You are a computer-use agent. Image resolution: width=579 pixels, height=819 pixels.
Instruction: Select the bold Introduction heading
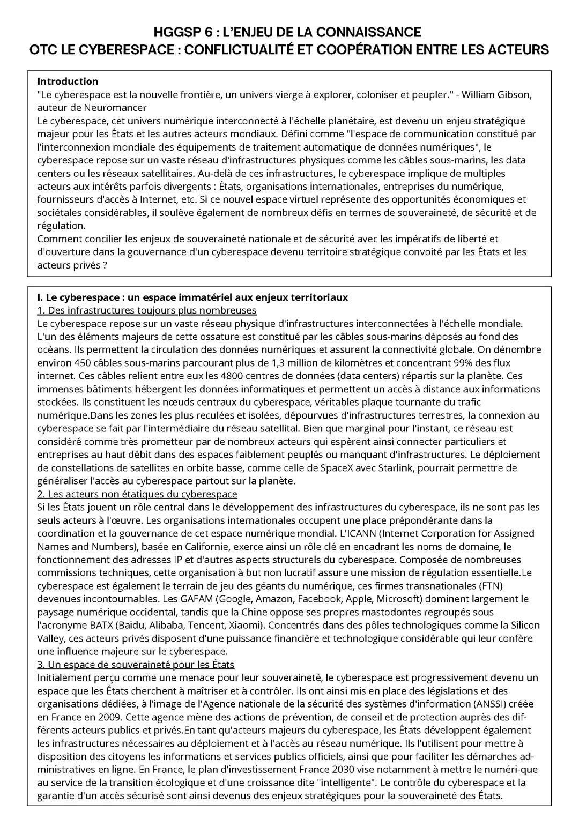pyautogui.click(x=68, y=81)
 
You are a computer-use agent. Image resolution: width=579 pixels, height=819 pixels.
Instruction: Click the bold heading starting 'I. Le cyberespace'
pyautogui.click(x=192, y=297)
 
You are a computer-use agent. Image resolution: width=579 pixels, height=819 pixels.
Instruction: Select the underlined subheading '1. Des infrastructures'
pyautogui.click(x=146, y=311)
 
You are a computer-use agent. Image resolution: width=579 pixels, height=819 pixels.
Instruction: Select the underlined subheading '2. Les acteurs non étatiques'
pyautogui.click(x=137, y=494)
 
